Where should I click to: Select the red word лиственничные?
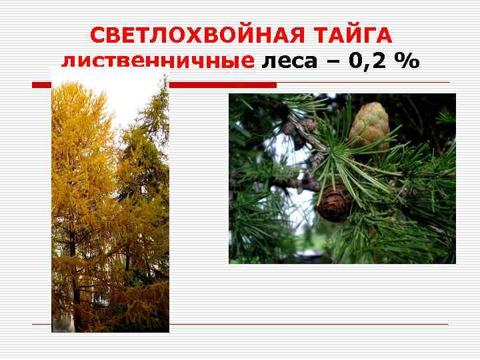tap(158, 62)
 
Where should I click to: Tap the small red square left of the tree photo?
tap(41, 85)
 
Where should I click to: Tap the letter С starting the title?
tap(97, 35)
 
